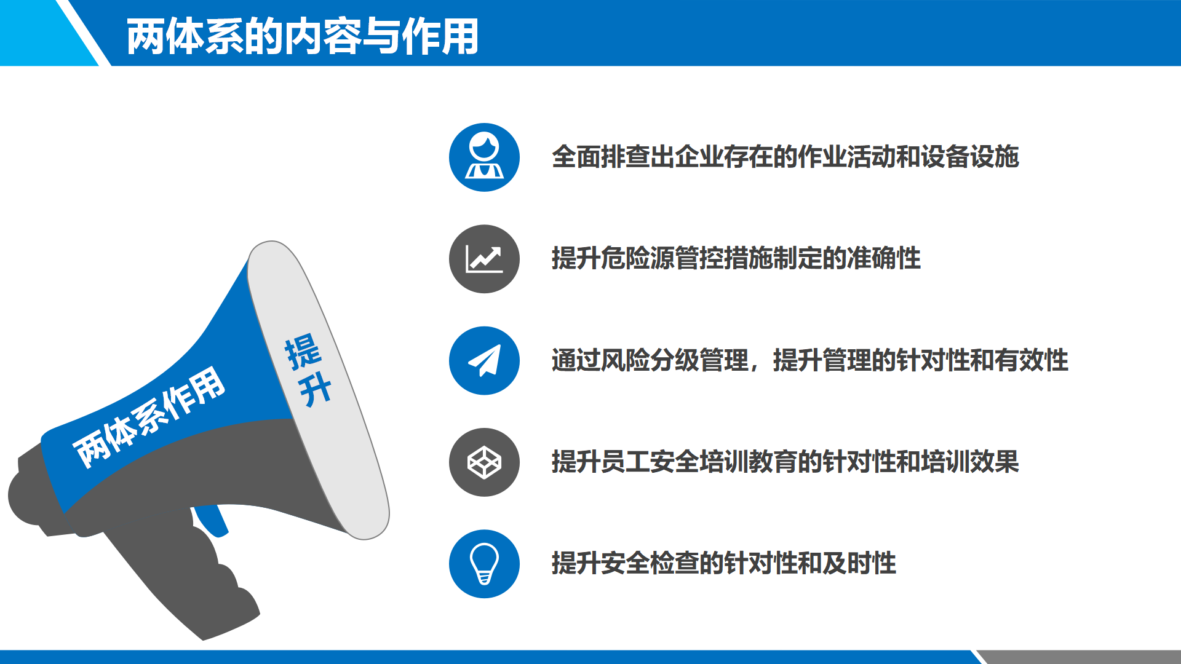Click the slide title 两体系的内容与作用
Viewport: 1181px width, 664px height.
click(302, 36)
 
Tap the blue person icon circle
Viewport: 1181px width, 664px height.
click(484, 157)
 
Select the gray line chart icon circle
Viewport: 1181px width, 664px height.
click(484, 259)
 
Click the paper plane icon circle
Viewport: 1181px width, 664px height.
click(484, 360)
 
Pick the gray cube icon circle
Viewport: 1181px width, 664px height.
click(484, 462)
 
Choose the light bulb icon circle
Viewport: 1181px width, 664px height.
click(484, 564)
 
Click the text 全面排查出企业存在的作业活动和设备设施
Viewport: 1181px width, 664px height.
click(785, 157)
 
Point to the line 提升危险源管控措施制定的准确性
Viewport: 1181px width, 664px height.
click(736, 258)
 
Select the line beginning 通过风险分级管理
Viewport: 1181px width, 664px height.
click(810, 360)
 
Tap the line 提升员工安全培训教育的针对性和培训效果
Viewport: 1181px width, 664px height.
click(785, 462)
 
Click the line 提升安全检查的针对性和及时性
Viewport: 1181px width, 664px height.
click(724, 563)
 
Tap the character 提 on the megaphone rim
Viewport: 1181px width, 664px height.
click(303, 352)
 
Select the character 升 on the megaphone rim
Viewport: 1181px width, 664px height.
click(315, 389)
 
